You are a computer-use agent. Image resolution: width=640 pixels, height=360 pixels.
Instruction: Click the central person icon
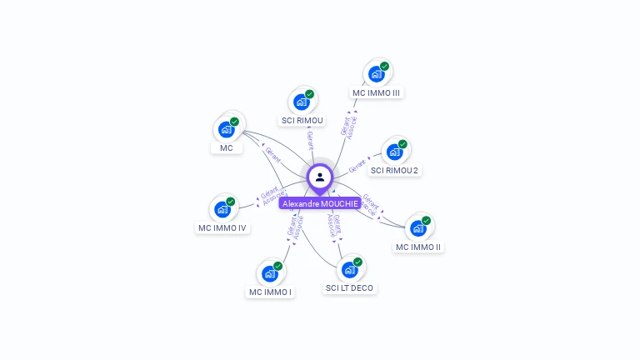click(320, 177)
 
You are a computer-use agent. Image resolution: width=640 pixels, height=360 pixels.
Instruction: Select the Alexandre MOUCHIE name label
click(320, 203)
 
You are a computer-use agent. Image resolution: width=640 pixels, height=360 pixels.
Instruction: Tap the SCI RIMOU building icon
click(301, 102)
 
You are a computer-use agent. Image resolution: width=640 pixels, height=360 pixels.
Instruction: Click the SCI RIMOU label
click(302, 121)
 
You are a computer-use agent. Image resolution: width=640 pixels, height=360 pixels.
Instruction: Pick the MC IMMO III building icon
click(376, 74)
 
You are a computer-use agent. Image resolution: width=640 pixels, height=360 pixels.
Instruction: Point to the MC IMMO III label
click(377, 93)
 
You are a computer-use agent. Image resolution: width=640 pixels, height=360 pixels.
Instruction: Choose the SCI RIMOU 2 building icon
click(394, 152)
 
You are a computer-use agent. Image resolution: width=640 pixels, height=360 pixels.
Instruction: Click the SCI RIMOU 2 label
click(395, 171)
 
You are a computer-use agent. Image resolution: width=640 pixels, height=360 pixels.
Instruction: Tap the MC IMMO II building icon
click(417, 228)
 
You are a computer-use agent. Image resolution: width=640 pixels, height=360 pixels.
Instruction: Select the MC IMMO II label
click(418, 247)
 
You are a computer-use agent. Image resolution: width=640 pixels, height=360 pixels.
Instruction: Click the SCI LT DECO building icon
click(349, 269)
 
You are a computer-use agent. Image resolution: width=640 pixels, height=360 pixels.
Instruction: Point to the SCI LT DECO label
click(350, 288)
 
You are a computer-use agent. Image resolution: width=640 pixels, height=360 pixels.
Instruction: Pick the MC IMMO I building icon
click(269, 273)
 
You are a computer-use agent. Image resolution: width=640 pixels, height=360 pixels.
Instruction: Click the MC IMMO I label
click(270, 292)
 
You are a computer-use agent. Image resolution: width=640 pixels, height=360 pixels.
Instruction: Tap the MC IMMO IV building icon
click(222, 209)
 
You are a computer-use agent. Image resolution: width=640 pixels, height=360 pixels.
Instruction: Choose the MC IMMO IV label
click(222, 228)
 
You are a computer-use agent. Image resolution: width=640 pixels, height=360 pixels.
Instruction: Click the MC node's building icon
click(226, 129)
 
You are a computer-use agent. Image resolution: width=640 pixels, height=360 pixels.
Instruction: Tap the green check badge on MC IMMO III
click(384, 66)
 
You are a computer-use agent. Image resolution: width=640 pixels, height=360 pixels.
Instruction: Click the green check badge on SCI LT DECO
click(357, 262)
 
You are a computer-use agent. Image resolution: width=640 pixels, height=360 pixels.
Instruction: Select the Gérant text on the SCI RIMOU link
click(310, 139)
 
